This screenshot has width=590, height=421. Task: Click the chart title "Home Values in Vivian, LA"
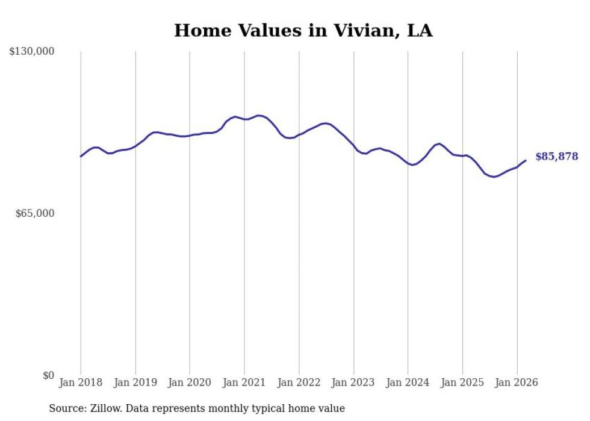(303, 30)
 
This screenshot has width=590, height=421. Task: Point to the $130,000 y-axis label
(32, 52)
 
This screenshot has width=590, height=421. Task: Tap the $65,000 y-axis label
(34, 213)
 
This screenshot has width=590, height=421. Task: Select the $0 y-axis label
(48, 375)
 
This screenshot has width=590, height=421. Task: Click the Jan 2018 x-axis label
(81, 382)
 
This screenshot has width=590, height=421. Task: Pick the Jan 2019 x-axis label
(135, 382)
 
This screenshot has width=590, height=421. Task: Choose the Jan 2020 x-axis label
(190, 382)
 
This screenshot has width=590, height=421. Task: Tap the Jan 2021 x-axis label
(244, 382)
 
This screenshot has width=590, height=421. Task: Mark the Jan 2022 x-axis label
(299, 382)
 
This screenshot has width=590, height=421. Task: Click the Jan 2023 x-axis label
(353, 382)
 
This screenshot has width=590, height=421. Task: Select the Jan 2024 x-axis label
(408, 382)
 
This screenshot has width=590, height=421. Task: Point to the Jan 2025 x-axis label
(462, 382)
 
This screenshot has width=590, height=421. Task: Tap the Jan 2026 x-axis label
(517, 382)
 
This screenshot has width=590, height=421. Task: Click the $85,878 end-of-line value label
(556, 157)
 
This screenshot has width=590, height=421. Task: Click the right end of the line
(526, 160)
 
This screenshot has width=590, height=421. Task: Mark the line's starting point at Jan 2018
(81, 157)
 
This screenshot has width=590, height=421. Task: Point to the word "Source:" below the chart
(67, 408)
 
